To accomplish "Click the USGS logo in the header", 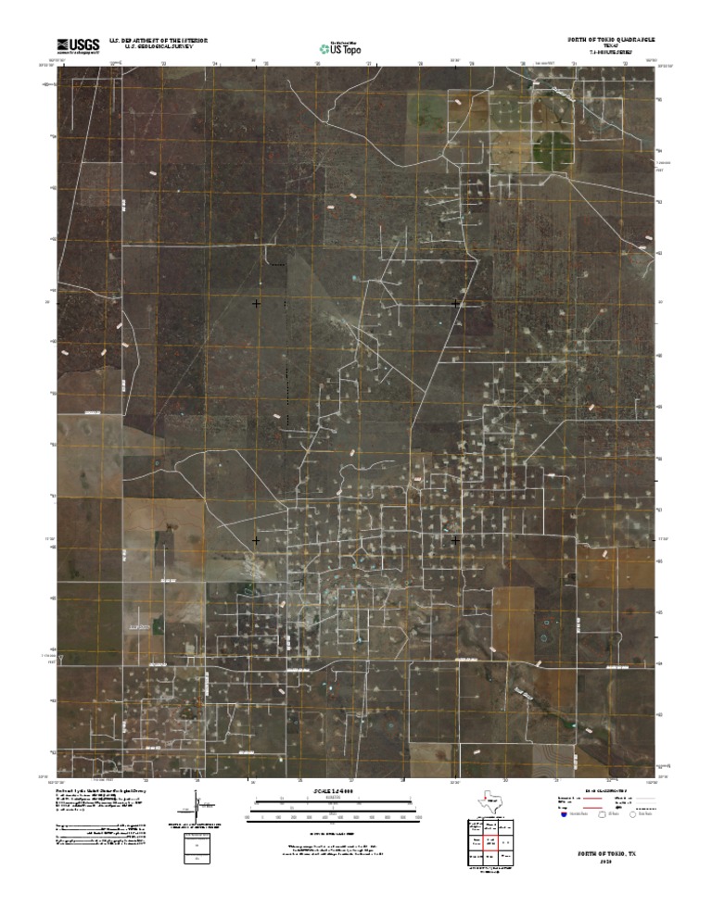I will (79, 45).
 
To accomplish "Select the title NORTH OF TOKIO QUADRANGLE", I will (611, 41).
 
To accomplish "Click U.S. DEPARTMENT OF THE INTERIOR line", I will (159, 41).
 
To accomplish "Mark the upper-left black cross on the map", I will (257, 303).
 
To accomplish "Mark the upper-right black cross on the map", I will (455, 303).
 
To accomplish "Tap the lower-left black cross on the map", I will (257, 539).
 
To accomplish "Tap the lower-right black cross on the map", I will (455, 539).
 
